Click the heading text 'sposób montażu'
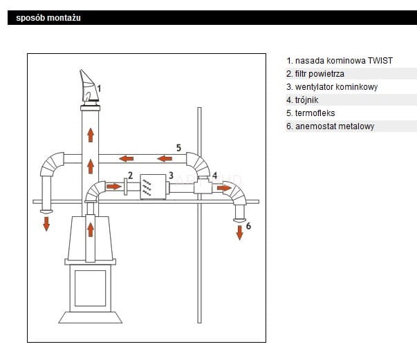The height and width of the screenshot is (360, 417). pyautogui.click(x=48, y=18)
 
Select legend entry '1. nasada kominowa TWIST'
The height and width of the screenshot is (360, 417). pyautogui.click(x=340, y=61)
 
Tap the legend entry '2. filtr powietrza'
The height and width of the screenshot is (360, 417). pyautogui.click(x=315, y=74)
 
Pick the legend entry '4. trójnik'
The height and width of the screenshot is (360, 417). pyautogui.click(x=302, y=100)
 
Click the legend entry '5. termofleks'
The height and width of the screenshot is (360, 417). pyautogui.click(x=311, y=113)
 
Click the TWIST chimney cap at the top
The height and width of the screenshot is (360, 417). pyautogui.click(x=88, y=87)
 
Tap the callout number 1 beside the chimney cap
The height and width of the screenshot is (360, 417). pyautogui.click(x=100, y=88)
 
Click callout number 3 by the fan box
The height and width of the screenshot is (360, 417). pyautogui.click(x=170, y=176)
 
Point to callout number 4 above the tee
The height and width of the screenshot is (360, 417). pyautogui.click(x=214, y=176)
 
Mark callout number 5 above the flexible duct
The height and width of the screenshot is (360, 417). pyautogui.click(x=178, y=148)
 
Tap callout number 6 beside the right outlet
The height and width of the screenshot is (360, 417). pyautogui.click(x=248, y=225)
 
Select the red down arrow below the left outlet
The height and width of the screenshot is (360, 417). pyautogui.click(x=46, y=223)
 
